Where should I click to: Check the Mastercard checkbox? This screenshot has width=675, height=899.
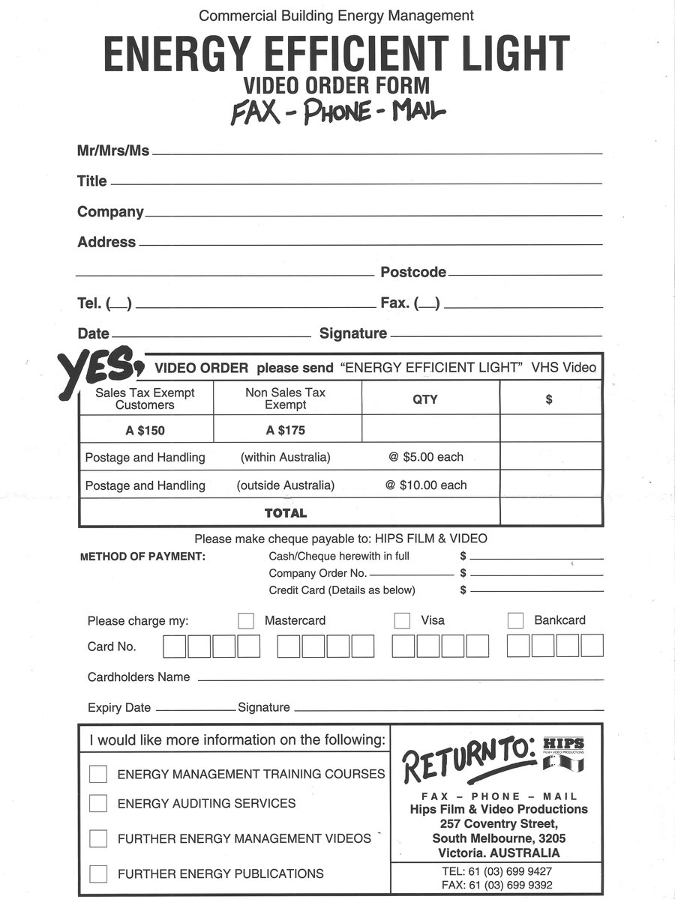246,621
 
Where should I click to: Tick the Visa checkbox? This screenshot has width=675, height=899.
402,621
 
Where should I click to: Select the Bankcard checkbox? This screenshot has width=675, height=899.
515,621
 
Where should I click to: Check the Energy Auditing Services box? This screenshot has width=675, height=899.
98,804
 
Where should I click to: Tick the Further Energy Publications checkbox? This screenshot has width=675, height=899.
98,874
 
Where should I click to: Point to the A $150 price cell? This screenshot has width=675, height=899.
145,431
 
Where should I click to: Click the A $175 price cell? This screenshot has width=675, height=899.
286,431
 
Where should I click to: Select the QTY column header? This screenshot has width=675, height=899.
425,399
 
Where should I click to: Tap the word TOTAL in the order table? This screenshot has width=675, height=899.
286,513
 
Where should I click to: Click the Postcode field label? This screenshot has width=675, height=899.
413,273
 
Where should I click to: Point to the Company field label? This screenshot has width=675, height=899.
110,212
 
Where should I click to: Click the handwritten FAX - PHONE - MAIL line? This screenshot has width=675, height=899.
337,112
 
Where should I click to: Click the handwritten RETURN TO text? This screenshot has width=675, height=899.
469,758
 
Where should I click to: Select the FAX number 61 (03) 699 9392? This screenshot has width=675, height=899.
498,885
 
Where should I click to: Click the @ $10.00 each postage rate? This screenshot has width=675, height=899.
426,485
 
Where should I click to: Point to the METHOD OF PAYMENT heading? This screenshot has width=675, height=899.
142,557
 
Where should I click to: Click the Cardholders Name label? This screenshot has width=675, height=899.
139,677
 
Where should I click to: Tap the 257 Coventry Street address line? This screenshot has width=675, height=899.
499,824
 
